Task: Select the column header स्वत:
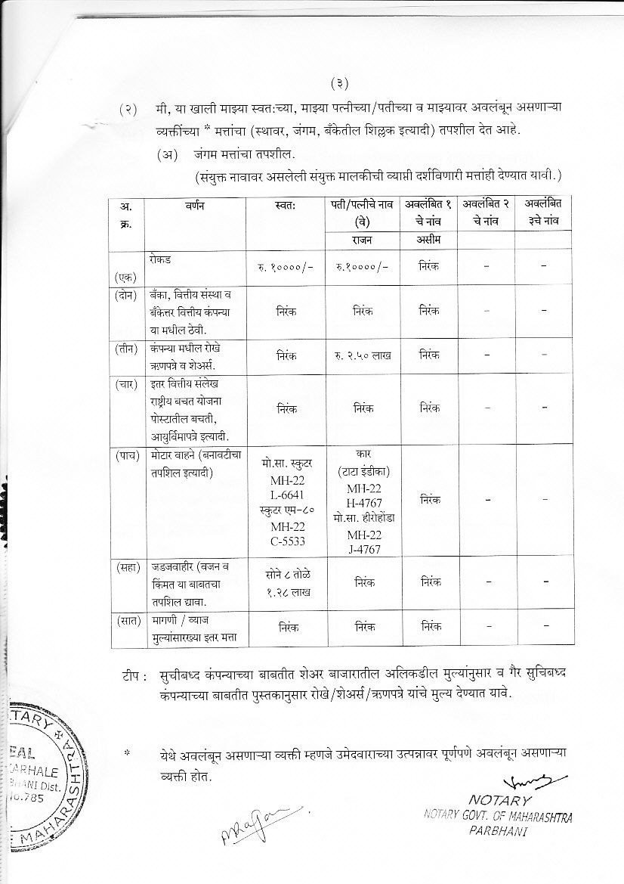286,205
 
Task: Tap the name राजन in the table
360,240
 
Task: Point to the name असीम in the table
428,240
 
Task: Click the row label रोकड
161,259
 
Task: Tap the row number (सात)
126,621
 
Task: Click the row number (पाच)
126,455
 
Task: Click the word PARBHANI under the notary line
497,830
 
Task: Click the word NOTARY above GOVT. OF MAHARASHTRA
500,799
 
